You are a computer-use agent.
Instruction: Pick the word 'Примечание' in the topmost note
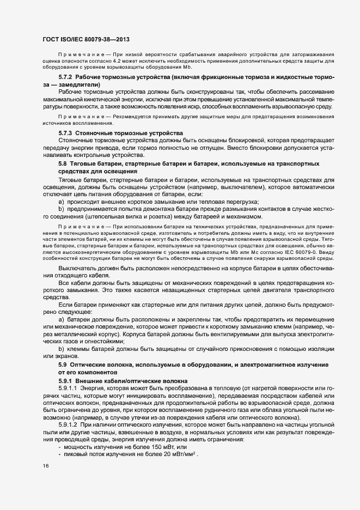79,56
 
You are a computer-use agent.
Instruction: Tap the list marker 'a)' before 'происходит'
61,202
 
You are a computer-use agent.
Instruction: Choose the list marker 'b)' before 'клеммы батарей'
61,347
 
